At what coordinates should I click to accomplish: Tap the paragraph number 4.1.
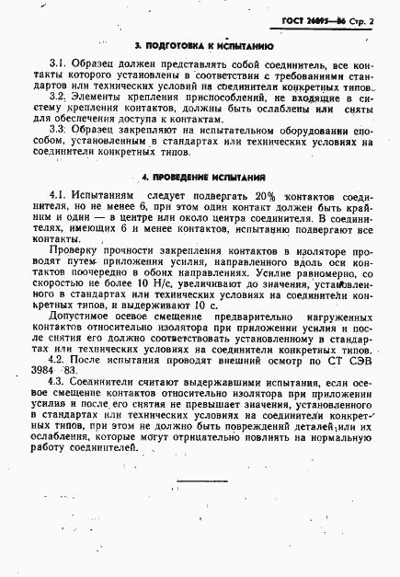click(x=58, y=196)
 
